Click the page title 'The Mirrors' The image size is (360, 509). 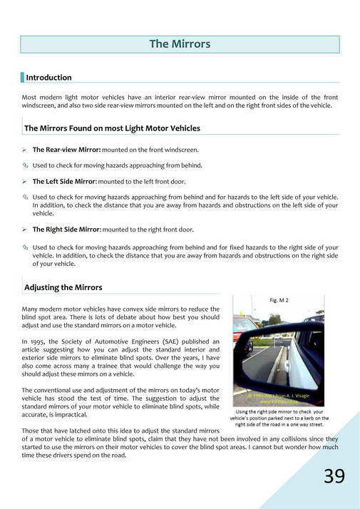(x=180, y=44)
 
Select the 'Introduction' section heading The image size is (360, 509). (x=48, y=77)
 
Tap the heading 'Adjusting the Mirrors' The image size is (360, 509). (x=63, y=287)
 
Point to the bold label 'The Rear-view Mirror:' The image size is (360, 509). (x=66, y=150)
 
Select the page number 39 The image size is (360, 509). (x=334, y=476)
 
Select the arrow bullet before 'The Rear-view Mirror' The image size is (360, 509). (x=25, y=150)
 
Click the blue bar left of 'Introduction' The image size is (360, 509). (x=22, y=77)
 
